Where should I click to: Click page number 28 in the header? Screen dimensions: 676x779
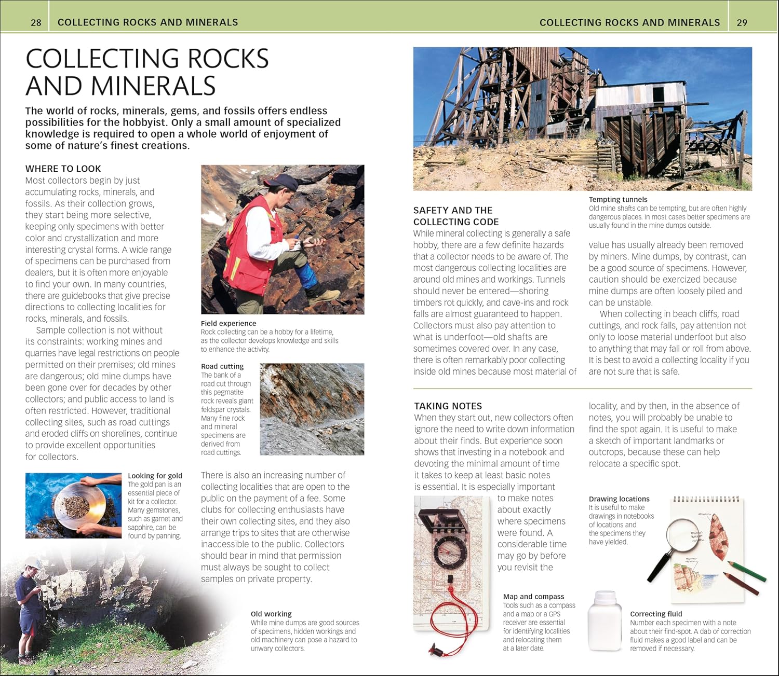tap(36, 22)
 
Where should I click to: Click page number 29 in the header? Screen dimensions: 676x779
tap(742, 22)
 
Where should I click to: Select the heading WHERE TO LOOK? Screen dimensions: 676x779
tap(63, 169)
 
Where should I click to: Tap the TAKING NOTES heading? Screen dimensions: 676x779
tap(448, 406)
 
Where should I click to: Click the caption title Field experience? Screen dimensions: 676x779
tap(229, 323)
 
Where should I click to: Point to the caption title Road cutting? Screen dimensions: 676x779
tap(222, 366)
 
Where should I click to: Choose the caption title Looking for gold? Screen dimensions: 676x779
tap(155, 476)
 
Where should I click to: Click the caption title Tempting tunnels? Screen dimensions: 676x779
tap(618, 199)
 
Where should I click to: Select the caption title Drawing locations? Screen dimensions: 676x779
tap(619, 499)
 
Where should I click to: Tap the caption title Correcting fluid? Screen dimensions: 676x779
tap(656, 614)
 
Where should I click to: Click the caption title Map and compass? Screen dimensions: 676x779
tap(533, 597)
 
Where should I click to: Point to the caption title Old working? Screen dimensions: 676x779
tap(271, 614)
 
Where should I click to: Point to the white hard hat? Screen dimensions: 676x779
tap(33, 563)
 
